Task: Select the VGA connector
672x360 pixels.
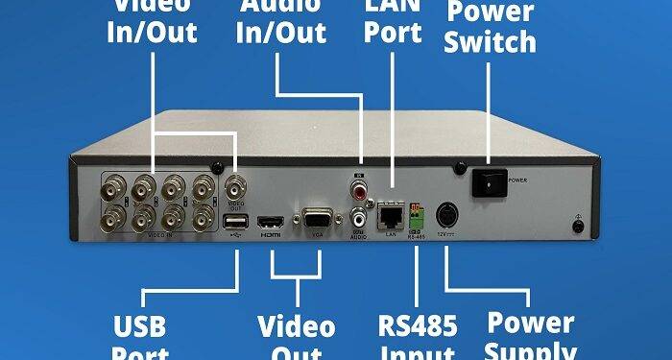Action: tap(317, 219)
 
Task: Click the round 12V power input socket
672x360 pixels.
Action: tap(447, 215)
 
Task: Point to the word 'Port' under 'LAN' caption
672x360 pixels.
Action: tap(394, 32)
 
